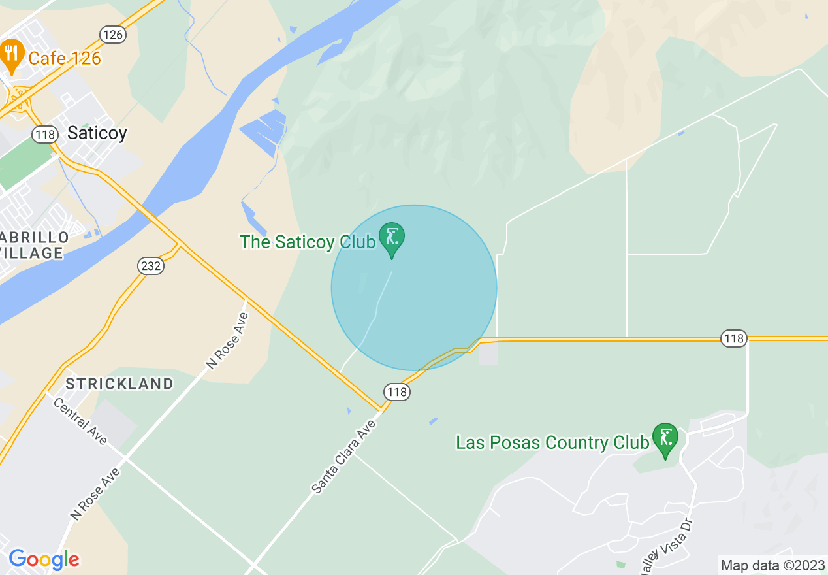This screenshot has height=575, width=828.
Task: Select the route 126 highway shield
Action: pyautogui.click(x=113, y=35)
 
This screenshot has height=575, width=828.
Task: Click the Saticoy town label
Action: pyautogui.click(x=97, y=133)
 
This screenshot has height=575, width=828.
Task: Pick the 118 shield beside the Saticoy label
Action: pyautogui.click(x=46, y=134)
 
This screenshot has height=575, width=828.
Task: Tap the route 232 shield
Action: pyautogui.click(x=151, y=265)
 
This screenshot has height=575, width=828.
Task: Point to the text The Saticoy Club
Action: pyautogui.click(x=308, y=242)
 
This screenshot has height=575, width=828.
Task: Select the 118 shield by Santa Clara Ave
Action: pyautogui.click(x=396, y=392)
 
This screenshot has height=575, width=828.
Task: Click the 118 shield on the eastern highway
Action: pyautogui.click(x=734, y=338)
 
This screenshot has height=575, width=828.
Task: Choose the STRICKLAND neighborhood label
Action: pyautogui.click(x=119, y=384)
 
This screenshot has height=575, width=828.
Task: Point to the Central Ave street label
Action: pyautogui.click(x=80, y=421)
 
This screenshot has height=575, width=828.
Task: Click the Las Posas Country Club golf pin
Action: pyautogui.click(x=665, y=438)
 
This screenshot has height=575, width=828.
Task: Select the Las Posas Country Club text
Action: pyautogui.click(x=552, y=443)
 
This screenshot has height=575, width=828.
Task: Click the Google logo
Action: pyautogui.click(x=44, y=559)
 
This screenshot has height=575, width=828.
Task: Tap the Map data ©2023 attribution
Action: pyautogui.click(x=772, y=565)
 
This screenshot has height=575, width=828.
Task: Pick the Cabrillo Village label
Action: pyautogui.click(x=33, y=244)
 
